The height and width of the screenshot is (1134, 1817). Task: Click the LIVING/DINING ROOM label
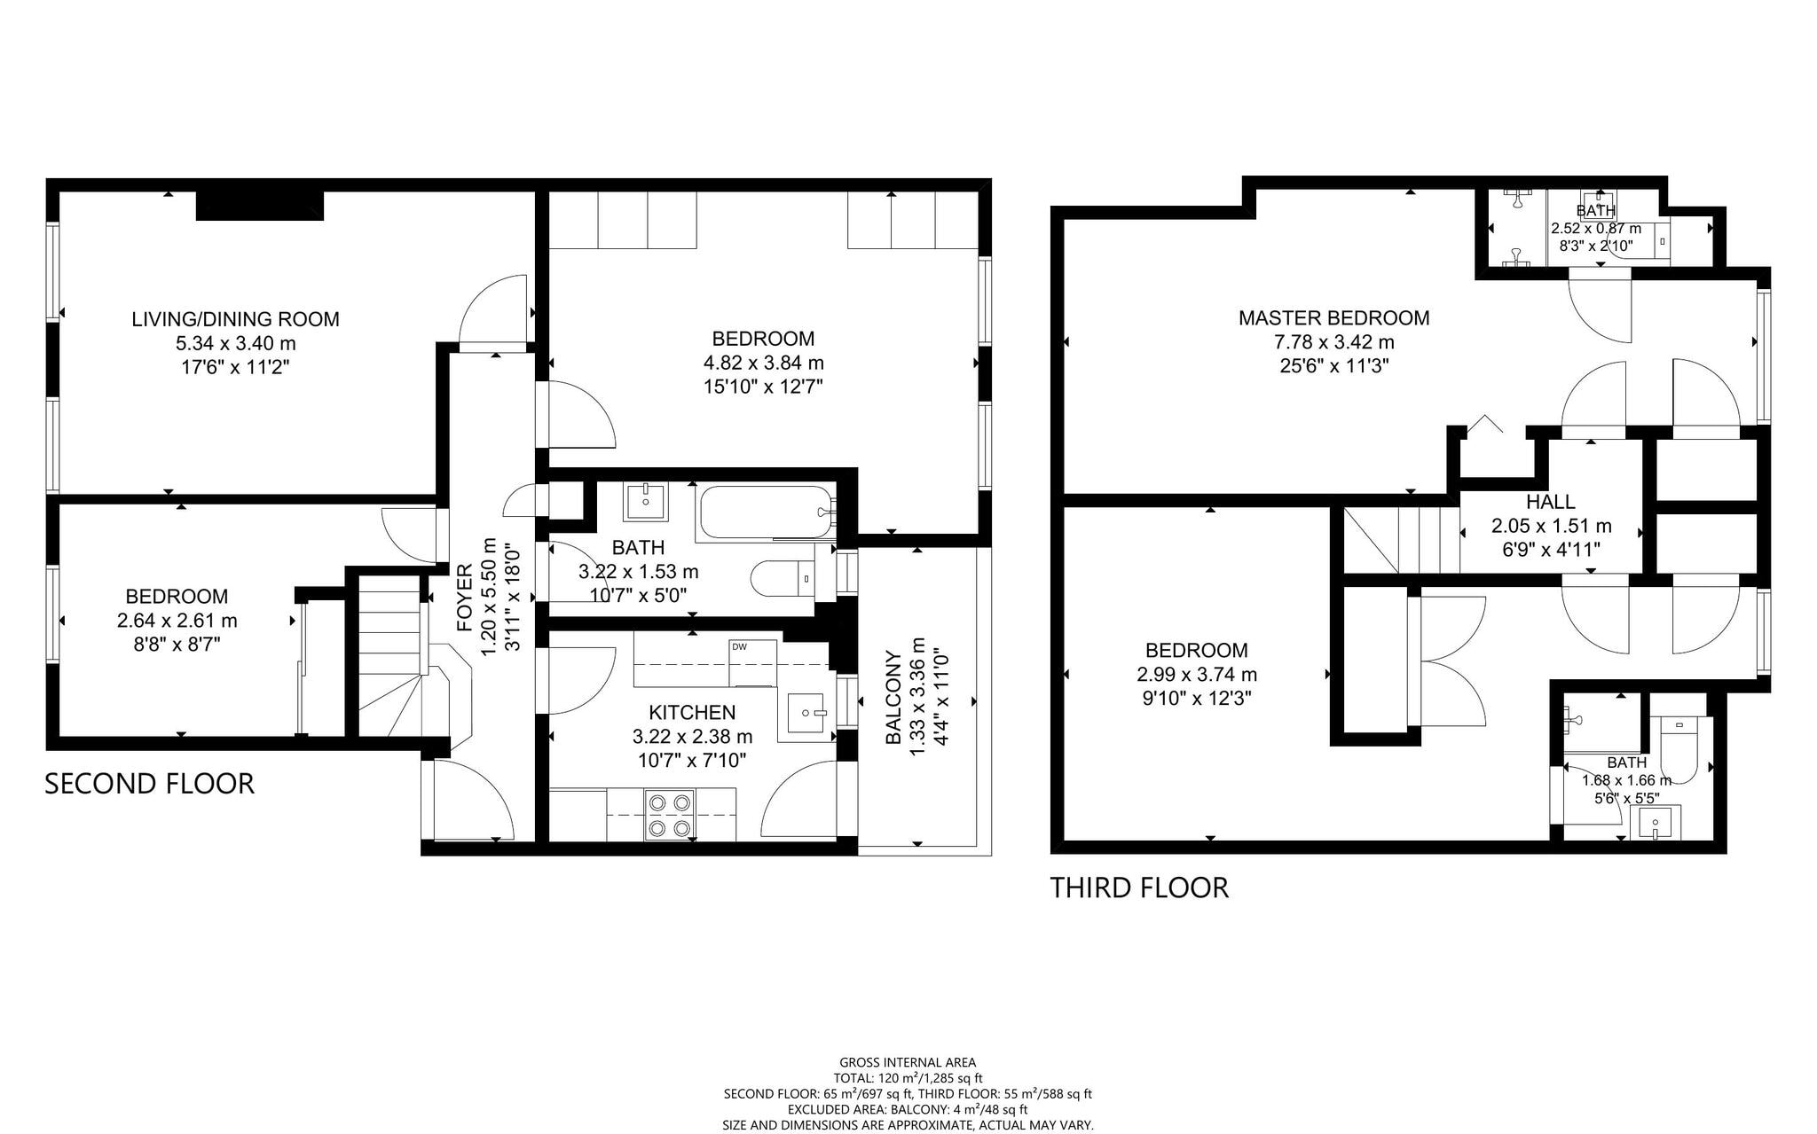(x=235, y=319)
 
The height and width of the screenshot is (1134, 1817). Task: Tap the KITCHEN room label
(x=692, y=713)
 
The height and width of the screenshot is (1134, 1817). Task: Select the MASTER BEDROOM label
(x=1333, y=317)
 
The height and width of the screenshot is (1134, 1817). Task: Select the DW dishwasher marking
(x=739, y=646)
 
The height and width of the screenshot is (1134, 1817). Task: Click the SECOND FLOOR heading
(x=149, y=784)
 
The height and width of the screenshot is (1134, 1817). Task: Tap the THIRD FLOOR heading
(x=1139, y=888)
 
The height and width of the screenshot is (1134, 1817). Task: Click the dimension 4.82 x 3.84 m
(x=763, y=363)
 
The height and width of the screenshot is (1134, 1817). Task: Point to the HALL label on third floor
(x=1551, y=502)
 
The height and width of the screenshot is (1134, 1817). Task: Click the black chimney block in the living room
(x=259, y=206)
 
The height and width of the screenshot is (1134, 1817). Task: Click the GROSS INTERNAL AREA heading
(x=908, y=1062)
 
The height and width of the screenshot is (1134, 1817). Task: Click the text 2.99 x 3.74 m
(x=1196, y=675)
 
